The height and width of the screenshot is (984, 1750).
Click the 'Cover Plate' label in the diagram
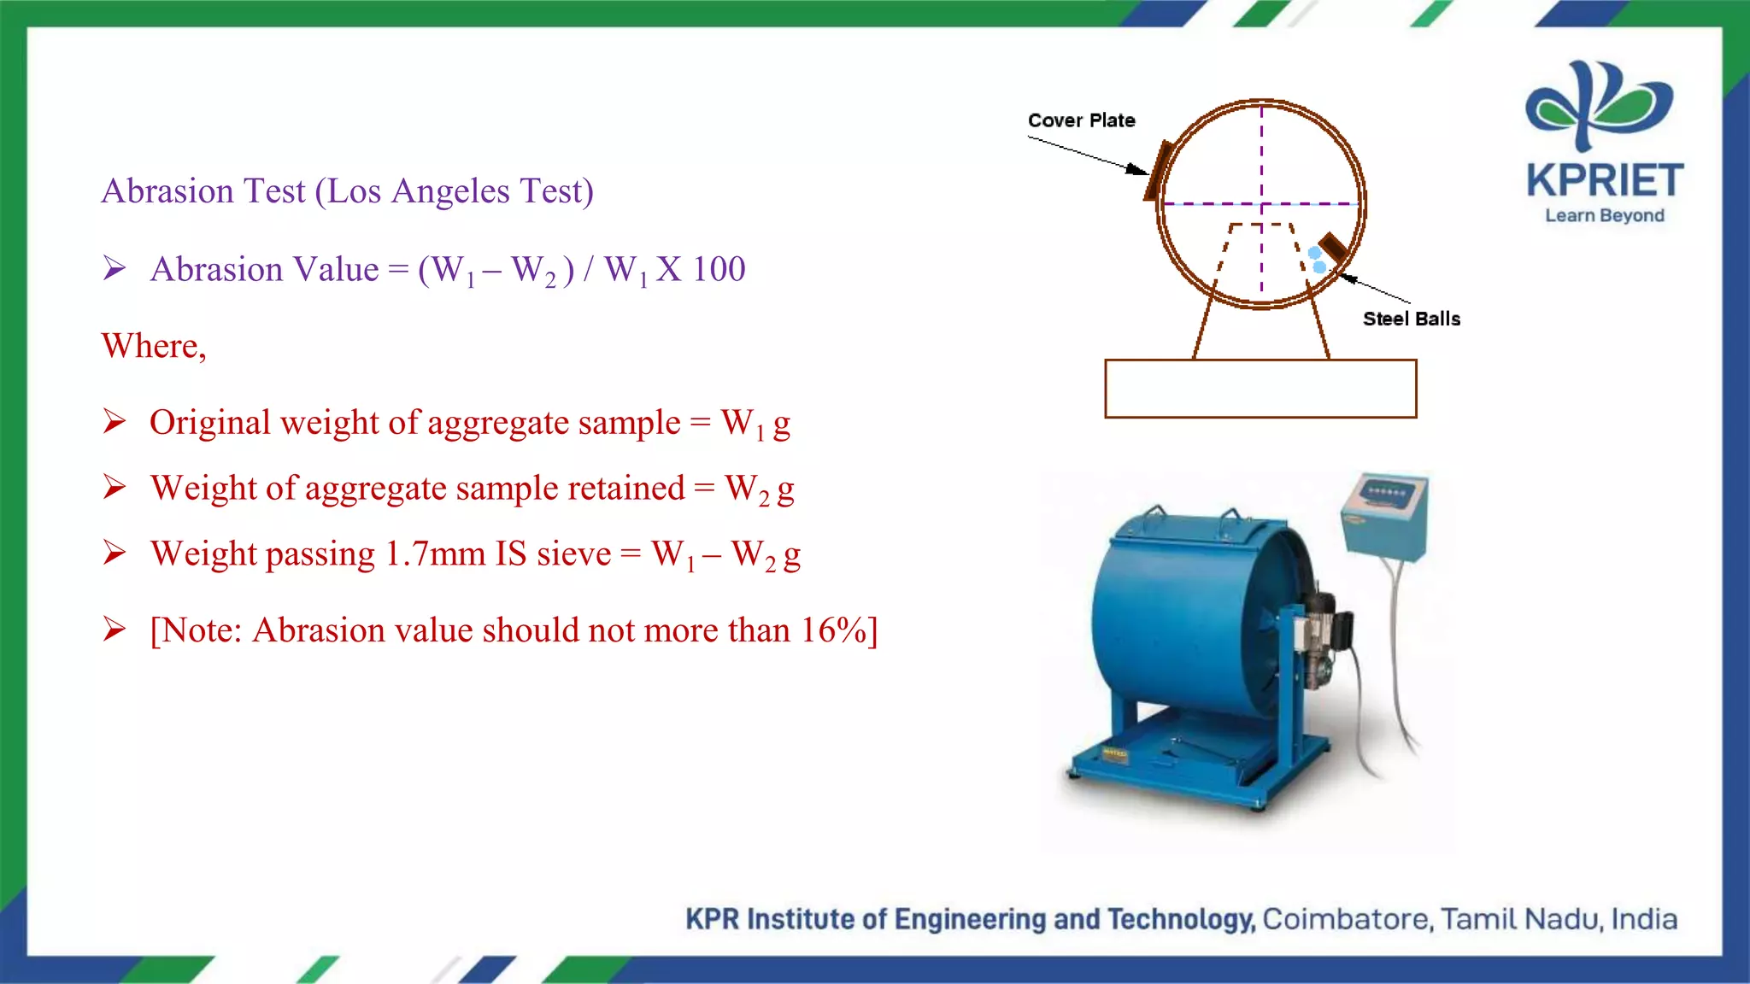(x=1081, y=120)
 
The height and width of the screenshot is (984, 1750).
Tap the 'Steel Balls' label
(x=1411, y=319)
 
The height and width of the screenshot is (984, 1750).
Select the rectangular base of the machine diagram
(x=1260, y=389)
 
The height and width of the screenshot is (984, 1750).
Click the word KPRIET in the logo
(x=1604, y=181)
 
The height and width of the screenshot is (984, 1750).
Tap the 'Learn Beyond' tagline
(x=1604, y=215)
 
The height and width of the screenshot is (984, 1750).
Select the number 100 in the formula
(x=719, y=270)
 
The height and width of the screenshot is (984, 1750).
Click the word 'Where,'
(x=154, y=346)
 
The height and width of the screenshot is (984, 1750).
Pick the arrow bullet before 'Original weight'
(x=115, y=421)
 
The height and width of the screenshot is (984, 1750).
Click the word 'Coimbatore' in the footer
(x=1347, y=919)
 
